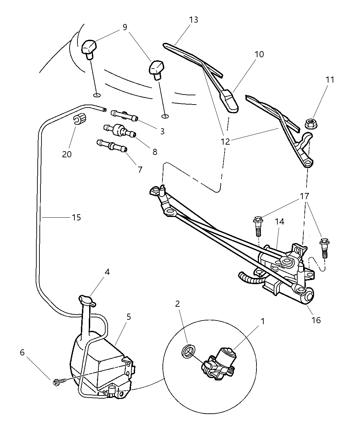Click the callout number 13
[x=193, y=20]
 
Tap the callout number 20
[x=67, y=154]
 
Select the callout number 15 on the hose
[x=76, y=217]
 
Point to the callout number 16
[x=316, y=320]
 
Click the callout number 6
[x=22, y=352]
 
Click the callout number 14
[x=279, y=222]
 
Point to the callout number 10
[x=259, y=54]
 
